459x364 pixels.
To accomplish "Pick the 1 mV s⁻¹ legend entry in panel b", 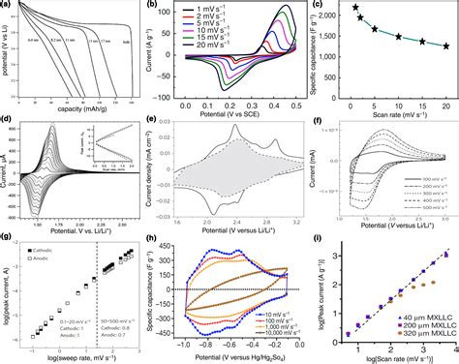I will point(215,13).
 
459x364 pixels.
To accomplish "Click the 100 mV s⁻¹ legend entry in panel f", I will point(424,179).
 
